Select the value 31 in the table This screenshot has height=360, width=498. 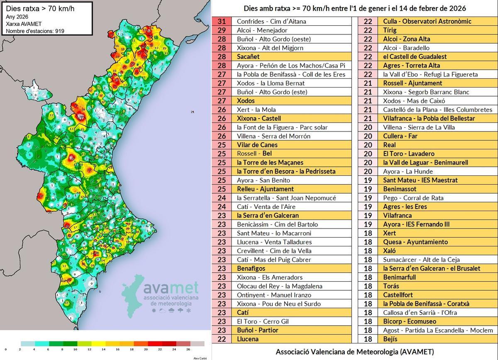tap(221, 21)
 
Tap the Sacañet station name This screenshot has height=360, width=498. tap(248, 56)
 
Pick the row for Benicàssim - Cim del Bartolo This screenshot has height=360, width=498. tap(277, 224)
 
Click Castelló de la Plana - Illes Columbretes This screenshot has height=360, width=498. tap(437, 109)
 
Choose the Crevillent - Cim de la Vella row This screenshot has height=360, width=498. tap(274, 251)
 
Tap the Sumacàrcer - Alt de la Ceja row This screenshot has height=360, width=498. tap(422, 260)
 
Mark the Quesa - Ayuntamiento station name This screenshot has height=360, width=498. tap(415, 242)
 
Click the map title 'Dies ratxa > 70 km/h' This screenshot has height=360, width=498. tap(34, 8)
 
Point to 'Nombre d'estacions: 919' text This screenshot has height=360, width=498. tap(35, 31)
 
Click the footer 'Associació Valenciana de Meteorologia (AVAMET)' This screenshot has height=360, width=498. tap(355, 352)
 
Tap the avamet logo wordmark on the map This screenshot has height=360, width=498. tap(170, 287)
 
